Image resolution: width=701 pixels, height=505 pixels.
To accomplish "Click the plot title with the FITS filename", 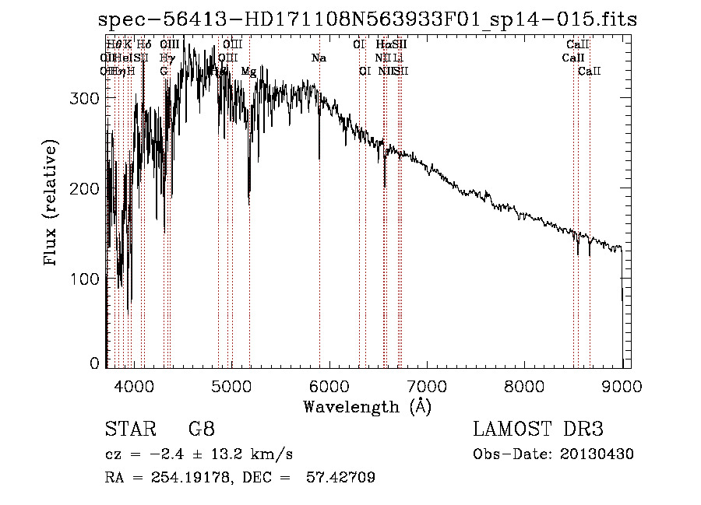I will point(361,20).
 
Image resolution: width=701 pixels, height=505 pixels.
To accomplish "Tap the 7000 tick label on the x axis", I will point(427,385).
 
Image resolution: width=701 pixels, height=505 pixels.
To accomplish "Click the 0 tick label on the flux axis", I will point(95,363).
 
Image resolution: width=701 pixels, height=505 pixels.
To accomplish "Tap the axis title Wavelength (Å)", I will point(367,406).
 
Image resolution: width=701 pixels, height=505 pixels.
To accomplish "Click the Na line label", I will point(319,58).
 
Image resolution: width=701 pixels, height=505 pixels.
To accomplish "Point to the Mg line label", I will point(248,72).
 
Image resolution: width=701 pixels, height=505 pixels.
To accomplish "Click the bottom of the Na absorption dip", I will point(319,158).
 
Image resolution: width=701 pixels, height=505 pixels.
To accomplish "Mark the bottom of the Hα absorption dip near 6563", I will point(385,186).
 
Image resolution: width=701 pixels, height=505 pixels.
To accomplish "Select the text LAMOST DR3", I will point(538,430).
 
